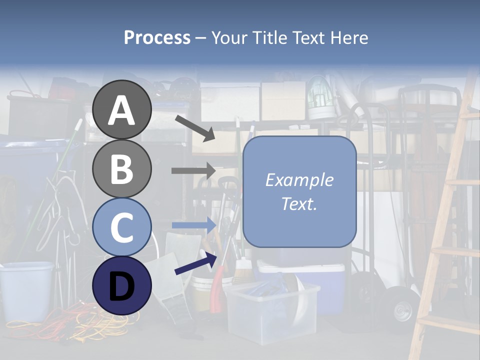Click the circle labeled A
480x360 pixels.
(x=121, y=109)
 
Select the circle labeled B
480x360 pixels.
(x=121, y=168)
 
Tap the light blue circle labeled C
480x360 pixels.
(x=121, y=227)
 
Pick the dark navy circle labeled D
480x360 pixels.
(x=121, y=285)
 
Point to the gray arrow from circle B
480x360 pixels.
(x=193, y=170)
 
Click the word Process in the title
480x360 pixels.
(x=157, y=37)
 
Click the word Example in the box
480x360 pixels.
(x=299, y=180)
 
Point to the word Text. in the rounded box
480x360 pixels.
(x=299, y=204)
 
